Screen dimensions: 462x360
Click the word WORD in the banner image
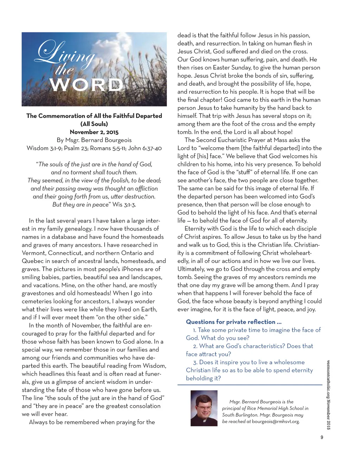tap(86, 85)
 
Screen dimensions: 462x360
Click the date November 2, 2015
tap(94, 132)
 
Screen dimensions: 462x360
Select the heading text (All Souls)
tap(94, 124)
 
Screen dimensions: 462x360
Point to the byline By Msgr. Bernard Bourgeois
tap(94, 140)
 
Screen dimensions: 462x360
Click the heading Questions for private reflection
tap(233, 322)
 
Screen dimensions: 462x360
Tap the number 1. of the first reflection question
tap(194, 330)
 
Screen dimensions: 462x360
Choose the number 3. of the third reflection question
tap(195, 362)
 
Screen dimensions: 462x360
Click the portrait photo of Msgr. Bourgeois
tap(204, 408)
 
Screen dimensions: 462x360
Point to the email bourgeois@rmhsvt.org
tap(276, 421)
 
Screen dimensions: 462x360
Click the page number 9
tap(322, 437)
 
